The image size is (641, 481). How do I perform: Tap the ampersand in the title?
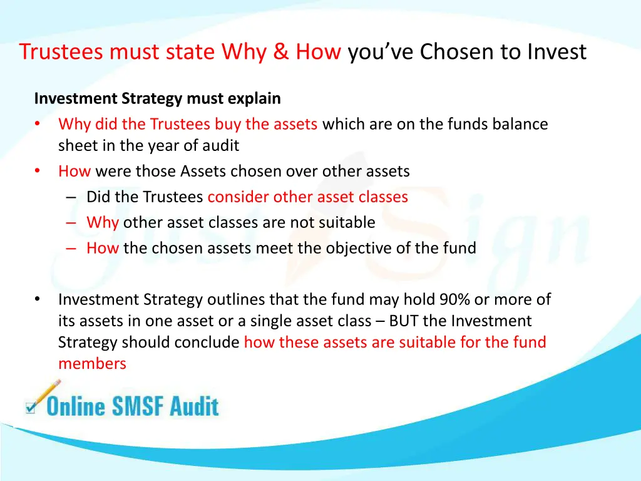click(280, 52)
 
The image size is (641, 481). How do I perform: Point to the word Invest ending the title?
click(556, 52)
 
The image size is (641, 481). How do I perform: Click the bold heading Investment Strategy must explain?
click(157, 99)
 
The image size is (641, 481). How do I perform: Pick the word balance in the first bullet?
click(520, 124)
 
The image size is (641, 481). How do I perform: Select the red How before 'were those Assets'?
click(74, 171)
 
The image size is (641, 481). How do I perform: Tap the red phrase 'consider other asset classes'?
click(307, 197)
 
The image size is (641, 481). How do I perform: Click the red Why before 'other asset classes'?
click(103, 222)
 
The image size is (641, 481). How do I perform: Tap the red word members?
click(92, 363)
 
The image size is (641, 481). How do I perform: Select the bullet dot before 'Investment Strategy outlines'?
click(38, 300)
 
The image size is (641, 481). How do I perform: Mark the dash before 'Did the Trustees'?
click(71, 197)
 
